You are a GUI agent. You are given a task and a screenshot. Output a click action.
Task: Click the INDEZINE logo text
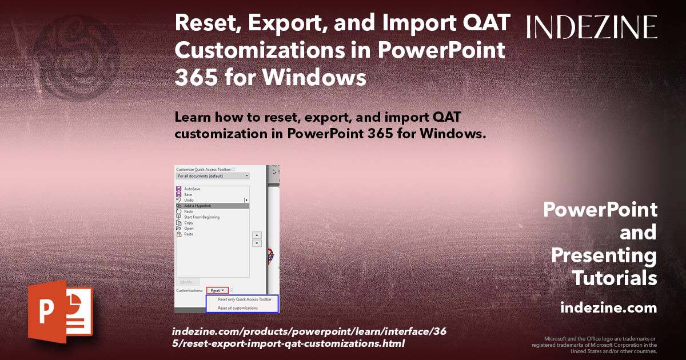[592, 27]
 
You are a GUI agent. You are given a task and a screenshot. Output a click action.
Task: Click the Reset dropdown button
[217, 290]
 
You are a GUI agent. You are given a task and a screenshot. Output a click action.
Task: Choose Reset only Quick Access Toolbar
[244, 299]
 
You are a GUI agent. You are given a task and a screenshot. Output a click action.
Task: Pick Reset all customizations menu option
[238, 308]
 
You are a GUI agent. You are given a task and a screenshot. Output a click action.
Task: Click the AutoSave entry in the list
[192, 189]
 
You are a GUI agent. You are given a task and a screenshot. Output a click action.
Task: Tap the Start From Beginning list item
[201, 217]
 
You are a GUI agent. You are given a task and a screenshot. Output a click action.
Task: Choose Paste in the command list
[189, 234]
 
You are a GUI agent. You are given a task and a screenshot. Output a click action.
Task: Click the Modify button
[188, 282]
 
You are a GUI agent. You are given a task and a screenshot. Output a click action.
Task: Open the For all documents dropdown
[213, 176]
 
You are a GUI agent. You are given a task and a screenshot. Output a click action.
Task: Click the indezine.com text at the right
[608, 308]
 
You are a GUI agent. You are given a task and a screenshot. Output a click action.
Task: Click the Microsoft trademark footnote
[595, 345]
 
